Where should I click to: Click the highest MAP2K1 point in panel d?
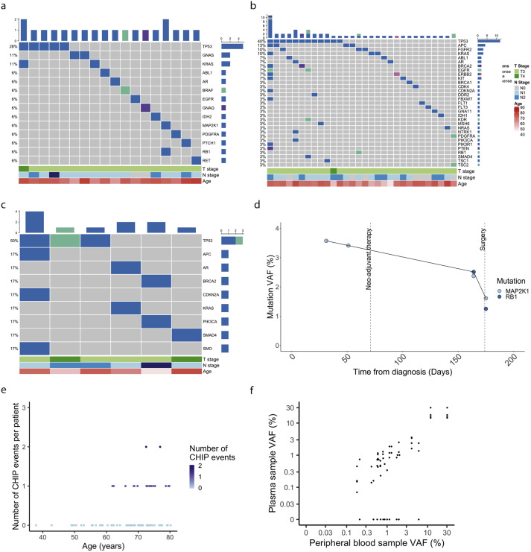pyautogui.click(x=326, y=241)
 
